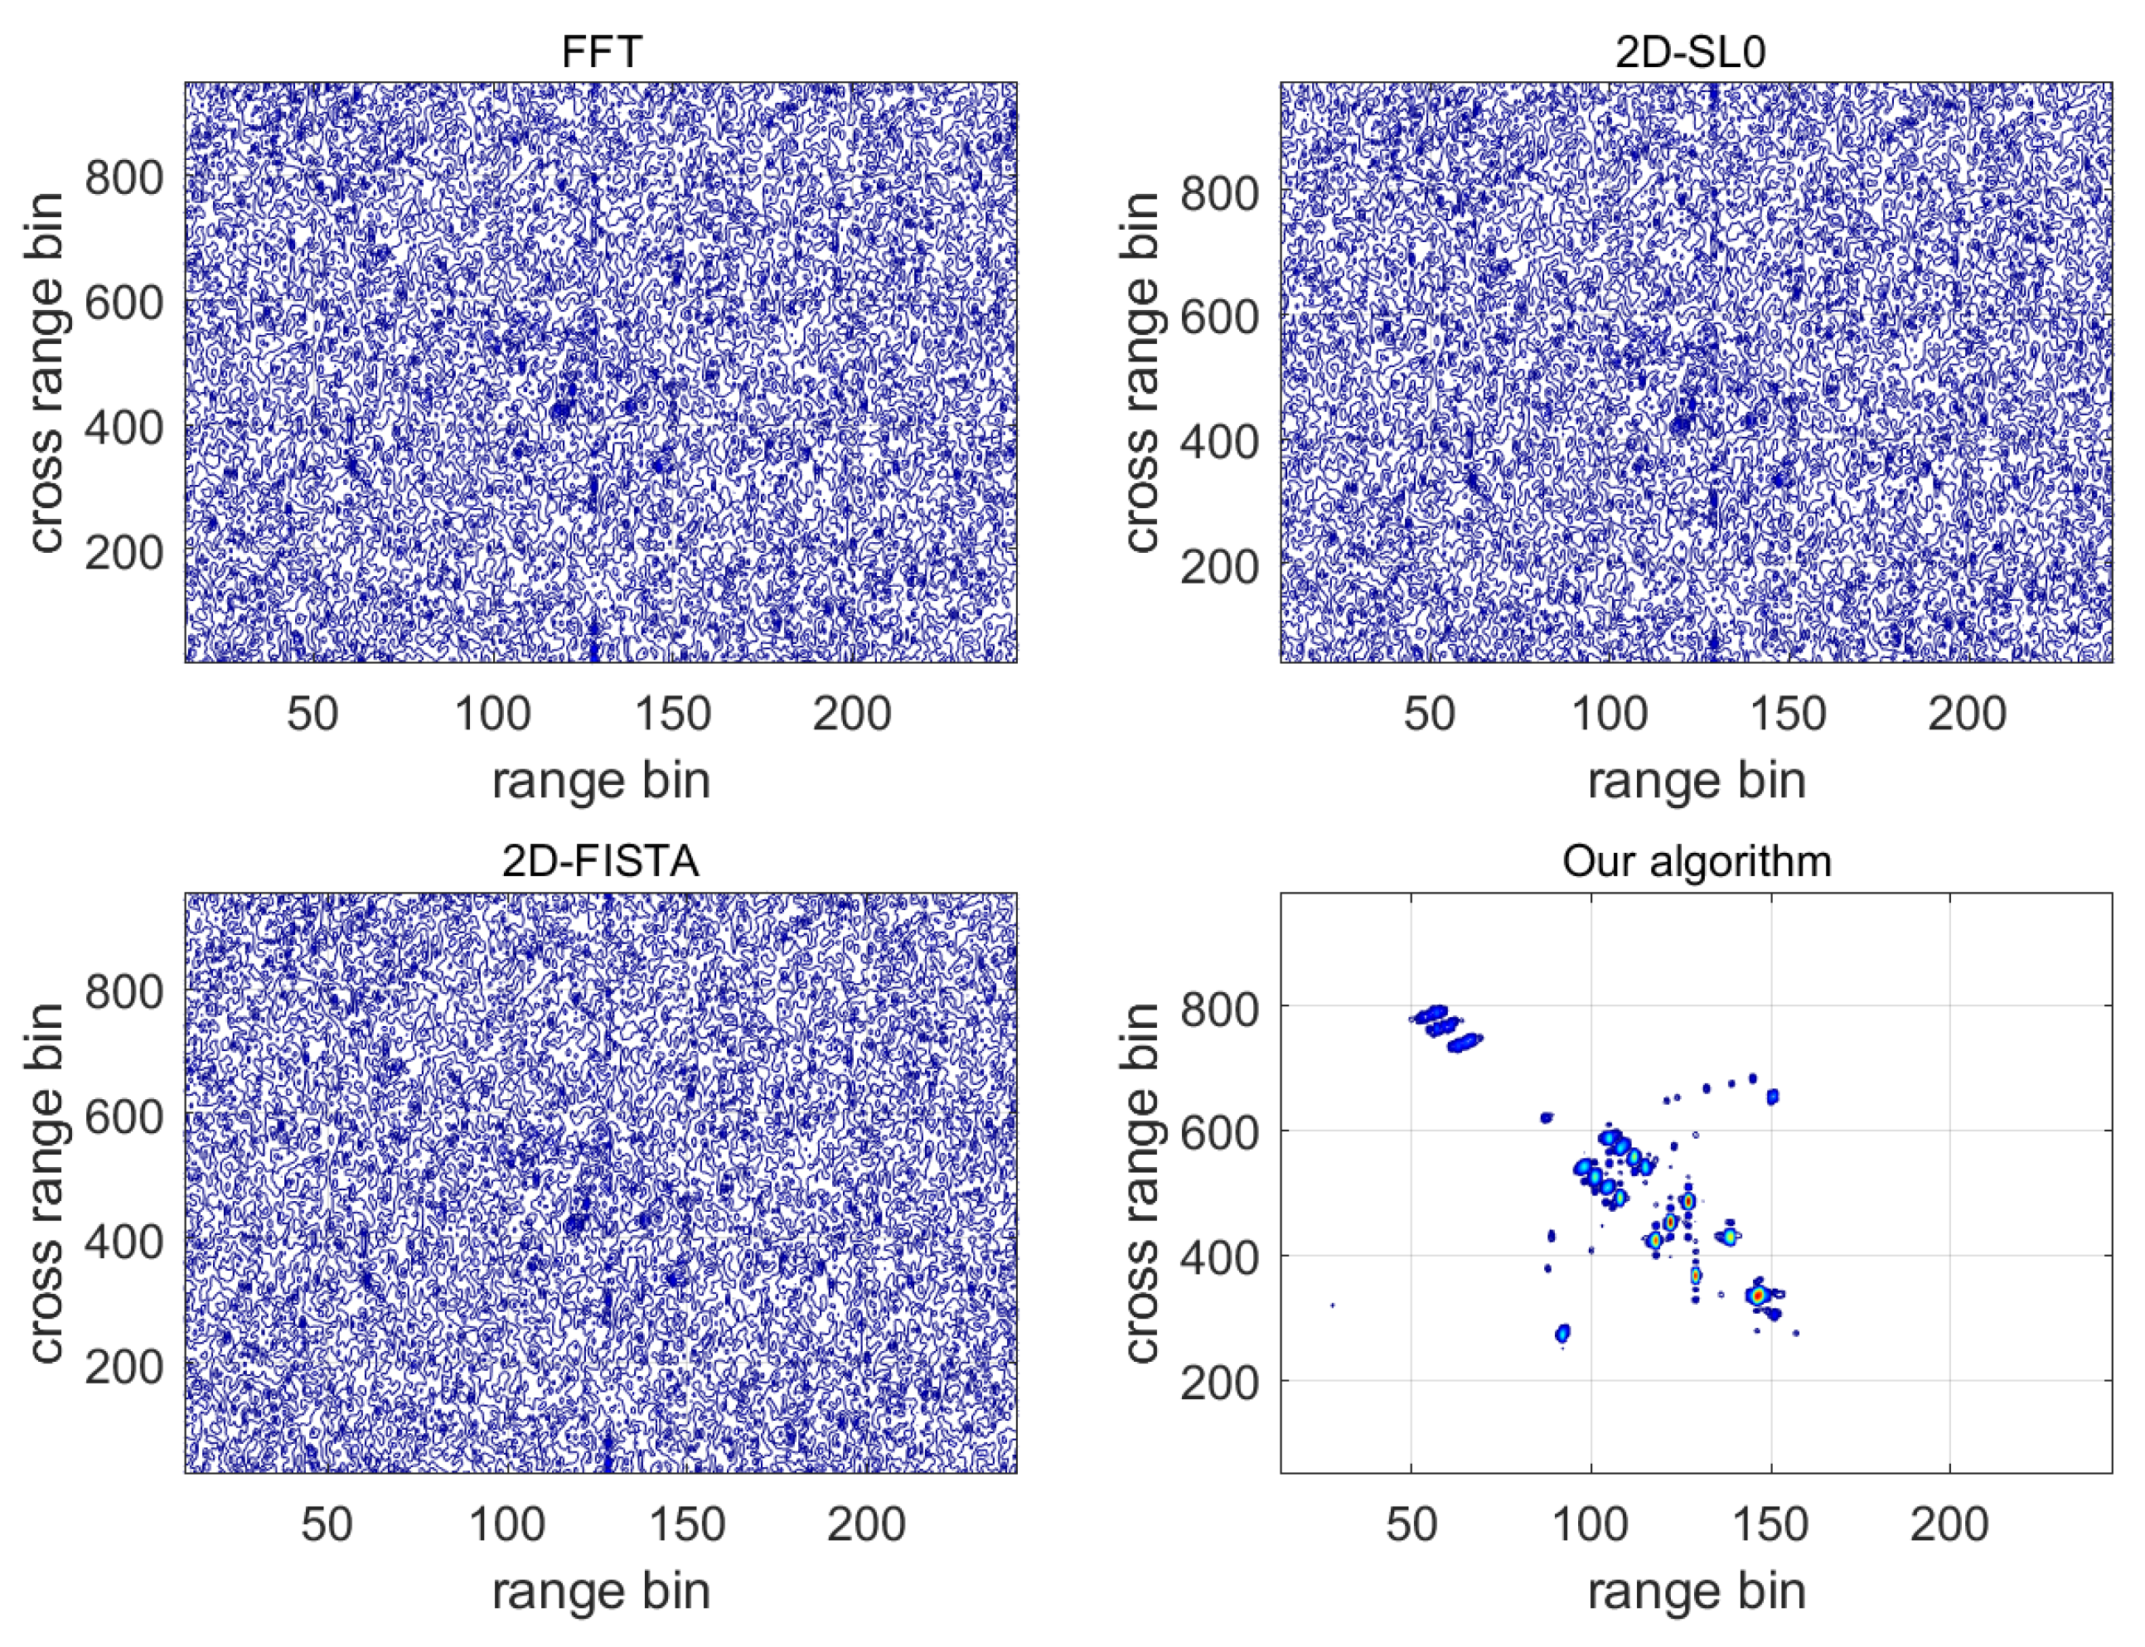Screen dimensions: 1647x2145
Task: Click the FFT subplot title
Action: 601,51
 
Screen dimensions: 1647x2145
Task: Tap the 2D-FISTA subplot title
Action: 601,860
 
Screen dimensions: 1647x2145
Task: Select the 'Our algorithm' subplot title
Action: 1696,860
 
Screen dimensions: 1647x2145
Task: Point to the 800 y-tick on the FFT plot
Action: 123,177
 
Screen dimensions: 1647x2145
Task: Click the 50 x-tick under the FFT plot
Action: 312,714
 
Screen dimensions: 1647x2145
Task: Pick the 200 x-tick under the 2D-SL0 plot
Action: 1967,714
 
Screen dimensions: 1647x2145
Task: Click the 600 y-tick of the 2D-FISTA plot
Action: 123,1117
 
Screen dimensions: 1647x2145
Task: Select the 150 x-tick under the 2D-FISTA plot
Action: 686,1524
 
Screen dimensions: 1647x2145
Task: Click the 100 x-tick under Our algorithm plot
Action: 1591,1524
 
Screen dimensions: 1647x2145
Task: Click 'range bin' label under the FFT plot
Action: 601,782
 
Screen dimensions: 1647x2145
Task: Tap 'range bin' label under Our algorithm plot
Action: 1696,1591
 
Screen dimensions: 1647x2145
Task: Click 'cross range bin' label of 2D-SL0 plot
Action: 1140,372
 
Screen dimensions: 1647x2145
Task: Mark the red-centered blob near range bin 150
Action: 1758,1295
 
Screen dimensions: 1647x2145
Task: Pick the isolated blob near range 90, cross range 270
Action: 1562,1332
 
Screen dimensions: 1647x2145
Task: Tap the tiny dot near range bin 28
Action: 1332,1305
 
